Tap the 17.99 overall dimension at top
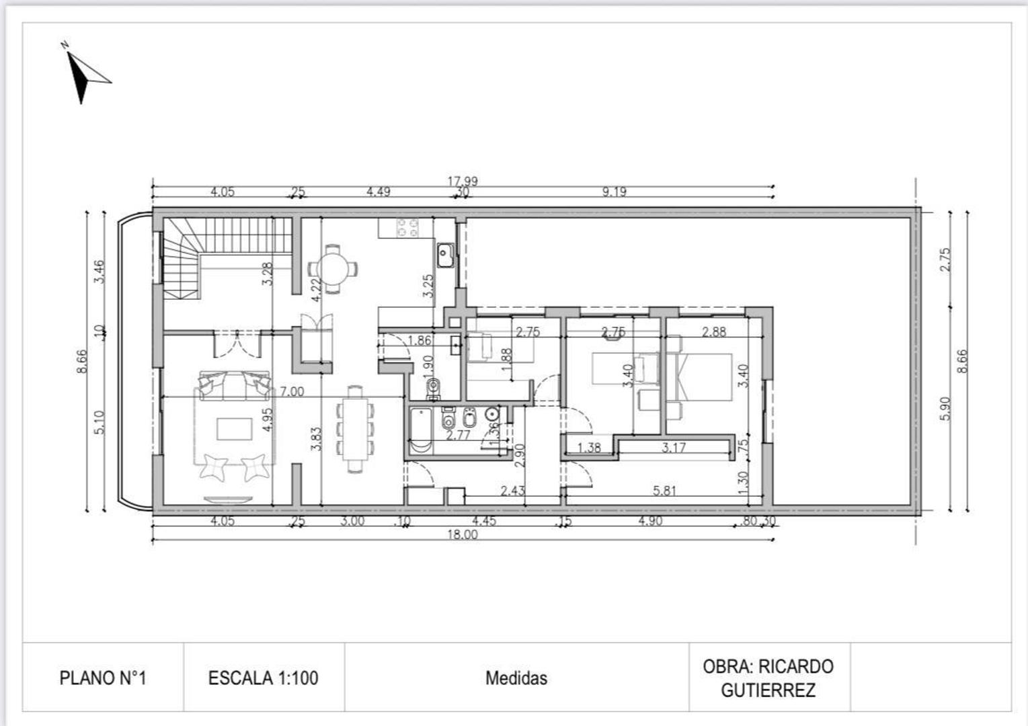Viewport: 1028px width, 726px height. point(463,181)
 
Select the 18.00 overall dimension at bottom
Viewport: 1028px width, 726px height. point(463,535)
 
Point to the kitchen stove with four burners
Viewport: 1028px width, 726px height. point(407,227)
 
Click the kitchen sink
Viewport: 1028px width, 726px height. point(445,255)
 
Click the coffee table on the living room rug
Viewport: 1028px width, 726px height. point(235,429)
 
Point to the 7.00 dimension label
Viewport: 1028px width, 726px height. point(292,391)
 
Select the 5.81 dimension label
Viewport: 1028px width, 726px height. point(664,491)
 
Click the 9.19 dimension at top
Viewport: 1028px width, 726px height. point(614,192)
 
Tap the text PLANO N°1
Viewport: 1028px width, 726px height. point(103,678)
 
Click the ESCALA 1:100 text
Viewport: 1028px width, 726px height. point(263,678)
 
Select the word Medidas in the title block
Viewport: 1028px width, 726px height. point(516,678)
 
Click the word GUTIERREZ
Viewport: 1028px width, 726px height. point(768,690)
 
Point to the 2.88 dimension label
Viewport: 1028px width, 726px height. point(713,331)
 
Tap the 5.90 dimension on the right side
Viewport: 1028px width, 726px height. point(945,408)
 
